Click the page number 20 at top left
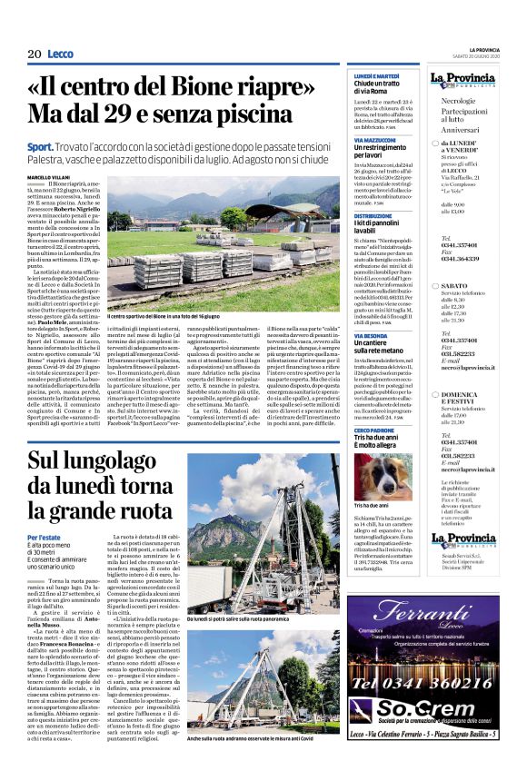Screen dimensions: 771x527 (35, 54)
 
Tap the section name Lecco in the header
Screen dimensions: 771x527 (61, 54)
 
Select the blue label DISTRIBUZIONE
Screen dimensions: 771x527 (368, 216)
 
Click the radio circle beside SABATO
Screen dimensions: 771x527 (433, 285)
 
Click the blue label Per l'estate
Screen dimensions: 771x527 (44, 538)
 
